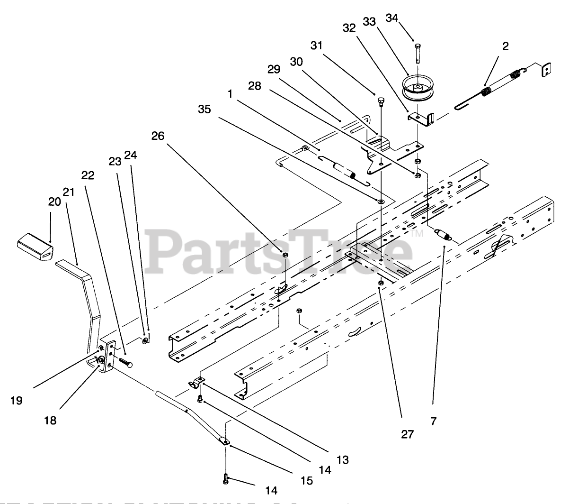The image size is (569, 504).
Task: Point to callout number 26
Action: [x=158, y=136]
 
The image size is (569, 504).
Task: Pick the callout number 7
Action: [x=434, y=420]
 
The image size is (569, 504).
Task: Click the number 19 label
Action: [x=16, y=401]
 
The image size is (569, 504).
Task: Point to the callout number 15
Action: [x=307, y=480]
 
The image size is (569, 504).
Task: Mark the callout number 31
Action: [x=317, y=46]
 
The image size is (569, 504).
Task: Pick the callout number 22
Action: [x=88, y=175]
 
